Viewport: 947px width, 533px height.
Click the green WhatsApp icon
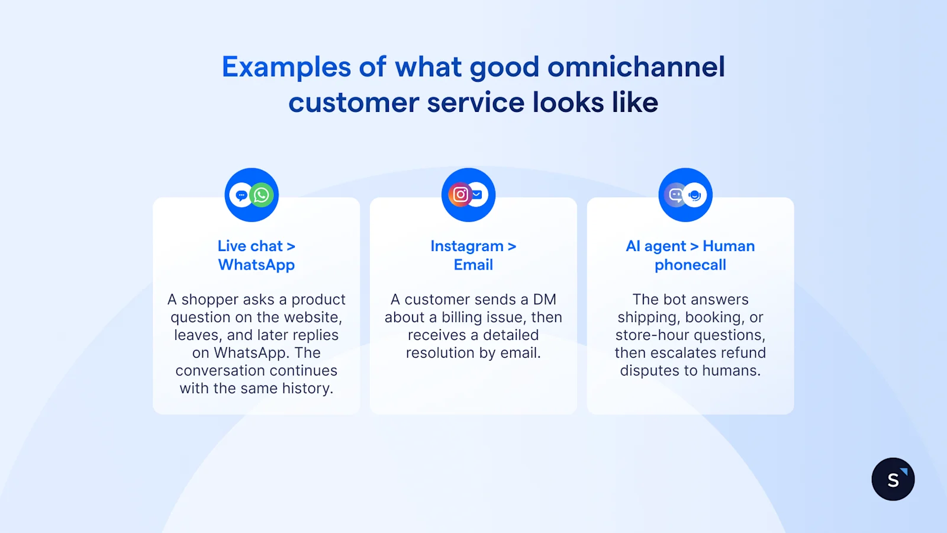pos(262,195)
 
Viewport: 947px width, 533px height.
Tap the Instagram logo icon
pos(460,195)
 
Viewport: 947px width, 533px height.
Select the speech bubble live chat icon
pos(241,195)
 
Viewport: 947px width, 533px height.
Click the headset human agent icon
pos(695,195)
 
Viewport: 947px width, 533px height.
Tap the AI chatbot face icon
pos(675,195)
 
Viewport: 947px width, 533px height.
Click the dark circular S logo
pos(893,479)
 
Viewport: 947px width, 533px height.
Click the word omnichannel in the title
pos(636,67)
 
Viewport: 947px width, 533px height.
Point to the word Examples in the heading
pos(286,67)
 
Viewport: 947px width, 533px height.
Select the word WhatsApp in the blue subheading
pos(256,265)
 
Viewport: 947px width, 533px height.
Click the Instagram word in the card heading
pos(466,246)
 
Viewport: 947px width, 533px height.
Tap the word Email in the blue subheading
pos(473,265)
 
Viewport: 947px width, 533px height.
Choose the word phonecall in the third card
pos(690,265)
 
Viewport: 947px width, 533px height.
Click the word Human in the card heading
pos(729,246)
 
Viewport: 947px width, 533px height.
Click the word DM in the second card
pos(545,300)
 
